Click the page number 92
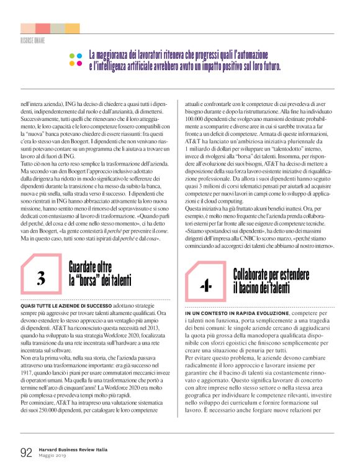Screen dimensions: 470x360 [26, 452]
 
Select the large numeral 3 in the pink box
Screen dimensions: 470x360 [41, 278]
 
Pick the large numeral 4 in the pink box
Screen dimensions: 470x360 [205, 286]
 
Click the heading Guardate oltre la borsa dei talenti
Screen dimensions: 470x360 [99, 274]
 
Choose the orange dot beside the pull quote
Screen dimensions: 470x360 [79, 63]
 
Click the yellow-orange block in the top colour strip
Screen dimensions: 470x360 [72, 28]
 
